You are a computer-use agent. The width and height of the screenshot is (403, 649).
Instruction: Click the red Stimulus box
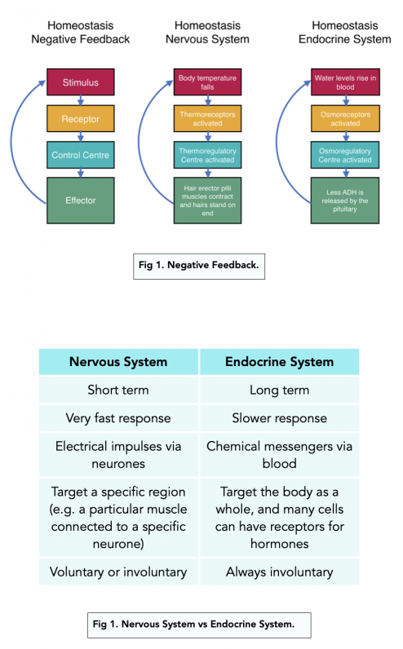pos(80,82)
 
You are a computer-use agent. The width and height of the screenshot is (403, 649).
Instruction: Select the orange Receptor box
pos(80,119)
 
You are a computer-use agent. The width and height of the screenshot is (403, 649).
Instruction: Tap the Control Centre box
pos(80,155)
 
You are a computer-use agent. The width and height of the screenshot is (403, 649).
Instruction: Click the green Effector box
pos(80,200)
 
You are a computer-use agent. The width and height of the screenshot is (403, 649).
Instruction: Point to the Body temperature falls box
pos(207,82)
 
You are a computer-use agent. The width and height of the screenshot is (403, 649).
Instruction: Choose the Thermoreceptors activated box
pos(207,119)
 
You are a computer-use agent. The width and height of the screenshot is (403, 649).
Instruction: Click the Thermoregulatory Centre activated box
pos(207,155)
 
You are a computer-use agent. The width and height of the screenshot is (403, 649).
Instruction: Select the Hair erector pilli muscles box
pos(207,200)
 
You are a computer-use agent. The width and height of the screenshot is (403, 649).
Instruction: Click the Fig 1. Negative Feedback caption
pos(199,265)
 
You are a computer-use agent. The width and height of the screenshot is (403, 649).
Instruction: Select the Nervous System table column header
pos(119,361)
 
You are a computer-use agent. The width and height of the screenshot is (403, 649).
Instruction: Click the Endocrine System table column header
pos(279,361)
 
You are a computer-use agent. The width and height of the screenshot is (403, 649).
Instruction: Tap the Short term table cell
pos(119,390)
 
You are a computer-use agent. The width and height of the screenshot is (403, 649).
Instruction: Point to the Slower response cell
pos(279,418)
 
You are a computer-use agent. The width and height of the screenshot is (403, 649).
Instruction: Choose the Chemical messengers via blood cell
pos(279,454)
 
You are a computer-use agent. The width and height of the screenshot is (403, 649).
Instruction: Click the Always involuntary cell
pos(279,572)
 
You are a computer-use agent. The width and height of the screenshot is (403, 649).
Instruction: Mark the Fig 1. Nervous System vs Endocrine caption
pos(199,625)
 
